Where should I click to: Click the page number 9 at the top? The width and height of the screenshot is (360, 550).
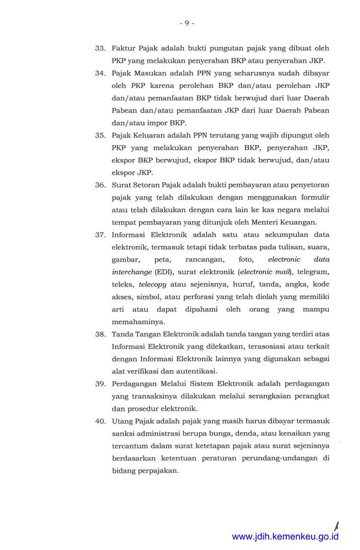(x=187, y=23)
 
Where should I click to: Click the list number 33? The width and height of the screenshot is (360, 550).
(x=100, y=48)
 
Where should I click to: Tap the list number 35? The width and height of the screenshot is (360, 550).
(x=100, y=135)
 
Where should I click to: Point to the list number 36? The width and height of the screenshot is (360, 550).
(x=100, y=185)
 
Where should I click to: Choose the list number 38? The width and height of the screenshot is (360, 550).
(x=100, y=334)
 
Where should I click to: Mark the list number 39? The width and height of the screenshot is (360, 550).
(x=100, y=383)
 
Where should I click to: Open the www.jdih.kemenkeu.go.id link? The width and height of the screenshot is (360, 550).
(x=285, y=537)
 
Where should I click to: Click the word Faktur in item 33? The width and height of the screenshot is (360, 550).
(x=123, y=48)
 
